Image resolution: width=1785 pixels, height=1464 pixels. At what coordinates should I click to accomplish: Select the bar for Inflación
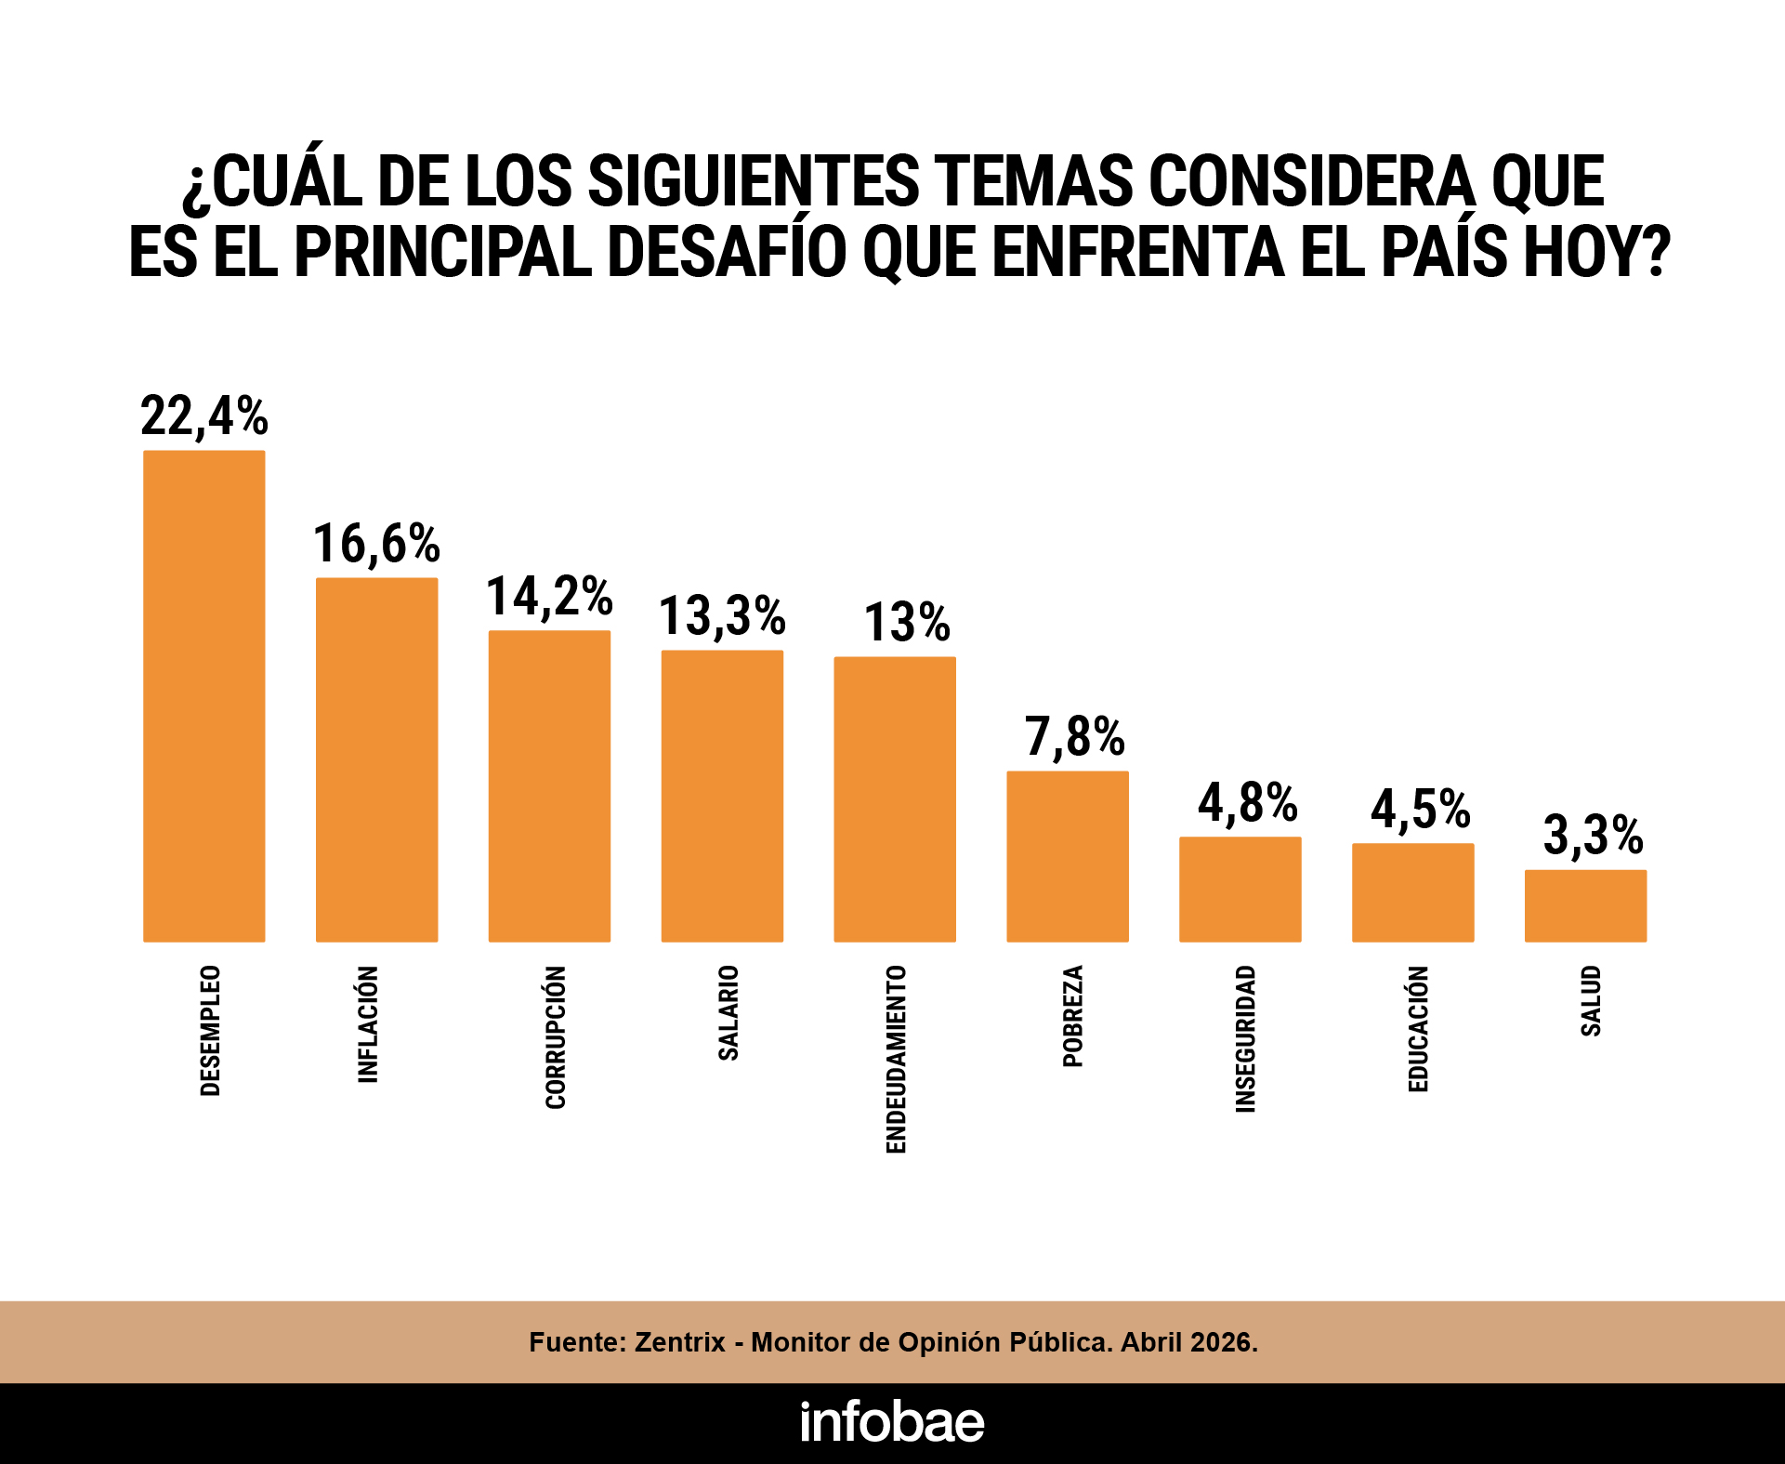point(376,759)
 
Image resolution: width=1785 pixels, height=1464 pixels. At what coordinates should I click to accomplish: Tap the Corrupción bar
point(549,785)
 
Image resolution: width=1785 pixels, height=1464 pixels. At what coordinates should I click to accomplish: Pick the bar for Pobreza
point(1067,856)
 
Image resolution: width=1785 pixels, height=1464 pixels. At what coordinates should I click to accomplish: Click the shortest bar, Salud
point(1585,905)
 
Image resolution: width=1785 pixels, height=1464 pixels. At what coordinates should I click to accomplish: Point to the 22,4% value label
point(203,415)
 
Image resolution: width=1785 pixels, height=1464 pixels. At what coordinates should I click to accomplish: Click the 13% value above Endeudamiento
point(906,622)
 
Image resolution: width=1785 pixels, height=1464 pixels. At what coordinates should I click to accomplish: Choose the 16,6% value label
point(375,543)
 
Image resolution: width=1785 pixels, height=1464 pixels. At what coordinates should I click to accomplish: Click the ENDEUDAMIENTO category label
point(896,1059)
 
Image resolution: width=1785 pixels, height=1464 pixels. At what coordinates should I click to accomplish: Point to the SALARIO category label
point(728,1012)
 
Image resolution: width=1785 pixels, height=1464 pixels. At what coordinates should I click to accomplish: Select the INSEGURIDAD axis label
point(1245,1038)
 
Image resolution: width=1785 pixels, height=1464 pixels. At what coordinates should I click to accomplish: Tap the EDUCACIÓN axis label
point(1418,1028)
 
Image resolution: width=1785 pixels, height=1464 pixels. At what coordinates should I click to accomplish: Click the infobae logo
point(892,1422)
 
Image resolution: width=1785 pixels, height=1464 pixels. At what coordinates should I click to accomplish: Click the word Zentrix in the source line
point(679,1342)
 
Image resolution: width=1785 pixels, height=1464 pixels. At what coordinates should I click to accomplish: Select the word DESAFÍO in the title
point(726,252)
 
